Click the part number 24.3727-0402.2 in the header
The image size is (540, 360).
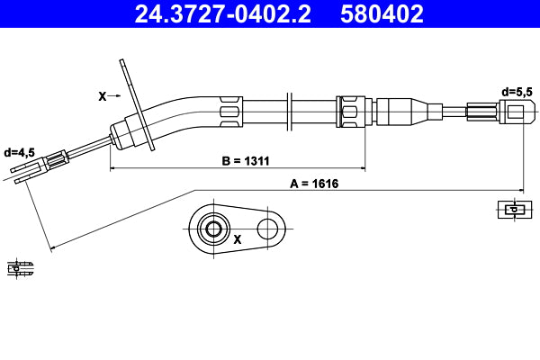pyautogui.click(x=222, y=13)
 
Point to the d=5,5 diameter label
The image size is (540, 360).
pyautogui.click(x=518, y=92)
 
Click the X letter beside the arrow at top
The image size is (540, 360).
pyautogui.click(x=101, y=94)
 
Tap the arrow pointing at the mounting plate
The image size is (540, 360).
pyautogui.click(x=120, y=94)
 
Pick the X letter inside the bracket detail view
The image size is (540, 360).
pyautogui.click(x=238, y=239)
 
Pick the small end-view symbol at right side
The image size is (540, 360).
pyautogui.click(x=512, y=210)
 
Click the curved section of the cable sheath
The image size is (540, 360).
pyautogui.click(x=180, y=113)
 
